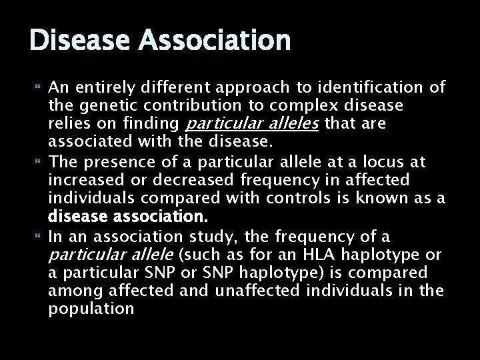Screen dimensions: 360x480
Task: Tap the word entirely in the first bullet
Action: coord(97,88)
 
